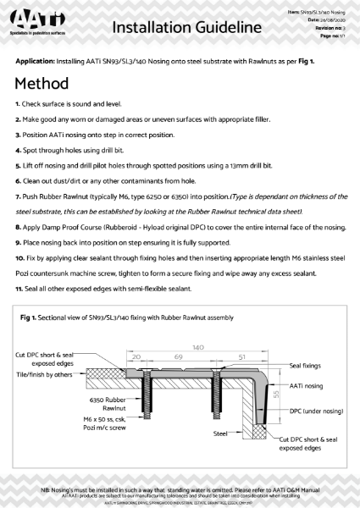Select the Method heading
[47, 86]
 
